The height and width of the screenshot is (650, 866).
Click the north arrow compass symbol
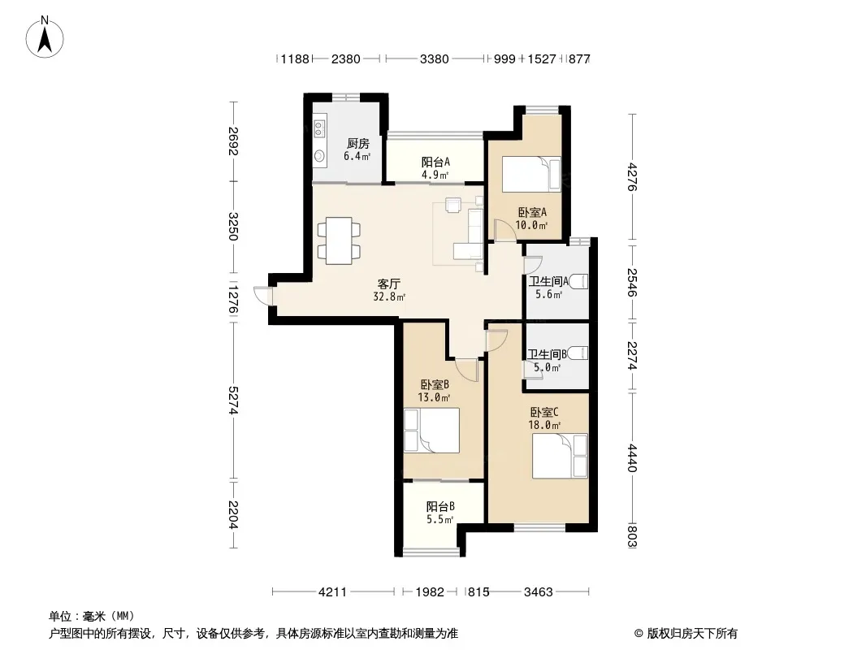coord(45,37)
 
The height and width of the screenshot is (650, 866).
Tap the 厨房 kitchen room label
coord(358,144)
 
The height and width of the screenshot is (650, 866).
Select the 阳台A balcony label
coord(435,162)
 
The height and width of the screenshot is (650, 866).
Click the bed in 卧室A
coord(530,175)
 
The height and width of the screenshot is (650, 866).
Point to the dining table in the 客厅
coord(339,240)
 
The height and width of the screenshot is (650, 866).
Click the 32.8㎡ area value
coord(389,297)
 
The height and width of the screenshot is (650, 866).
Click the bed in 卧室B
coord(431,430)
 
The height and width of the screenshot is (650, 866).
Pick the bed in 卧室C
coord(560,456)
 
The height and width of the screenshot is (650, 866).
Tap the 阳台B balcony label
coord(440,506)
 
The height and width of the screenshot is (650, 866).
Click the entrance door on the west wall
coord(263,296)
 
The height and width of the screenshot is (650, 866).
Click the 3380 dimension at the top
coord(434,58)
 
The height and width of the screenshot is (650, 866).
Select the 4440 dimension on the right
coord(632,457)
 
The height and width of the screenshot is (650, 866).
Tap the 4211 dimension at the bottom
coord(332,592)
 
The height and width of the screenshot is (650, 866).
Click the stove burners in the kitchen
coord(319,128)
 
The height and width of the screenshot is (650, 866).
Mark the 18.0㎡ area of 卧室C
coord(544,425)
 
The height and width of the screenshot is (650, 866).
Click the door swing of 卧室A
coord(503,230)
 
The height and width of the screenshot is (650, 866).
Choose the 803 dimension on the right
coord(632,536)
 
